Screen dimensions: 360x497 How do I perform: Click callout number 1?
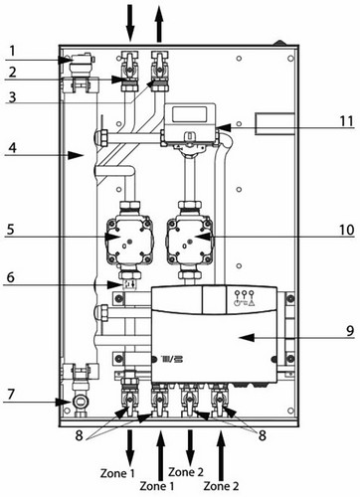(x=12, y=52)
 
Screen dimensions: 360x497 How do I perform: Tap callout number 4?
(x=12, y=147)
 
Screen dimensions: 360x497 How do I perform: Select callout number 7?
(x=11, y=395)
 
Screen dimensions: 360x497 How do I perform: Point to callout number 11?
(x=347, y=121)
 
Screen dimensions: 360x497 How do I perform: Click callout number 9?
(x=350, y=331)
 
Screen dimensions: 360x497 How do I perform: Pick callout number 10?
(x=347, y=230)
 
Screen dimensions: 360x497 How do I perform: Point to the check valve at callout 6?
(x=129, y=284)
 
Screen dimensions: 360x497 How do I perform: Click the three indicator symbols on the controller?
(x=244, y=298)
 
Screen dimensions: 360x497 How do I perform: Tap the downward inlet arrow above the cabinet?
(x=130, y=23)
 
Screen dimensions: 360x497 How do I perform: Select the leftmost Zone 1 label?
(x=117, y=473)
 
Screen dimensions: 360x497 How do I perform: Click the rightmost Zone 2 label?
(x=221, y=486)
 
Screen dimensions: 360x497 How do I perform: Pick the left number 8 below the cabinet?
(x=79, y=435)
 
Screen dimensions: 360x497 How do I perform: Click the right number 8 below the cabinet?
(x=263, y=435)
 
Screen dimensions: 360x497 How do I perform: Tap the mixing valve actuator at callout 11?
(x=190, y=124)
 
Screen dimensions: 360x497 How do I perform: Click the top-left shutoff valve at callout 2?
(x=130, y=71)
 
